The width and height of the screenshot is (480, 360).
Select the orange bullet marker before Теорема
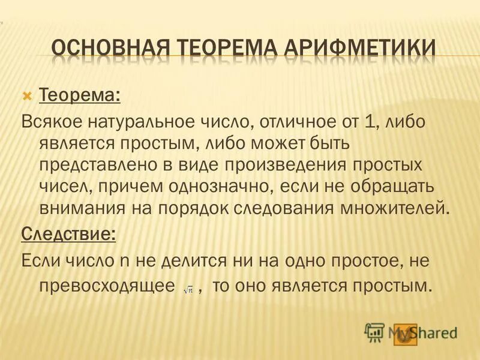(27, 95)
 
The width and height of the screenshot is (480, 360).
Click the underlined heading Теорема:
(79, 95)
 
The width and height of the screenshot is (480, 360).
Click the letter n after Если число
(125, 261)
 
